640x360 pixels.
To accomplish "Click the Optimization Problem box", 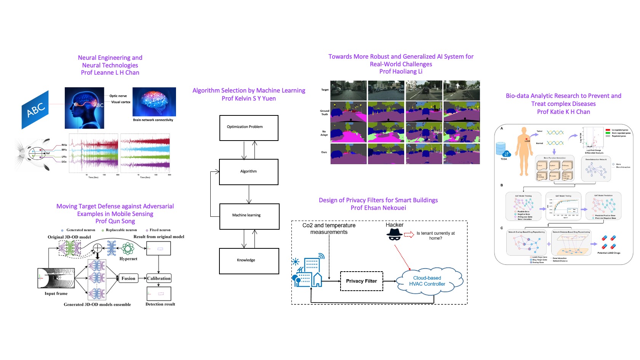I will click(249, 128).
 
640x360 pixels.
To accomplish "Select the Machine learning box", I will click(249, 216).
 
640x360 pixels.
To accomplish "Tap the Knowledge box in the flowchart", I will click(249, 261).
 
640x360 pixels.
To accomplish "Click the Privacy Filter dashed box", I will click(361, 281).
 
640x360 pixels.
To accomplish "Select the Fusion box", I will click(128, 278).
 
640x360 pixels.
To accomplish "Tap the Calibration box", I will click(159, 278).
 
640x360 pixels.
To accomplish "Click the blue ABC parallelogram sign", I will click(35, 110).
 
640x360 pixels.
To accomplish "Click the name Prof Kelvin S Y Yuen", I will click(249, 98).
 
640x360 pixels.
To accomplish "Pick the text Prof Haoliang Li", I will click(401, 72).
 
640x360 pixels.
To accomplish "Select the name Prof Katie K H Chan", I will click(563, 112).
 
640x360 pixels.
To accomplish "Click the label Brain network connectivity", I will click(153, 120).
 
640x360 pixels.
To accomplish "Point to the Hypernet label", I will click(128, 259).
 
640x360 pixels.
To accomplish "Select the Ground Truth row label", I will click(324, 113).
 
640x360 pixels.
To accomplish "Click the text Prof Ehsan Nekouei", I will click(378, 208).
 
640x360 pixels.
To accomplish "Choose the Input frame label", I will click(56, 294).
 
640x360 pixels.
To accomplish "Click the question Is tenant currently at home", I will click(435, 235).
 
